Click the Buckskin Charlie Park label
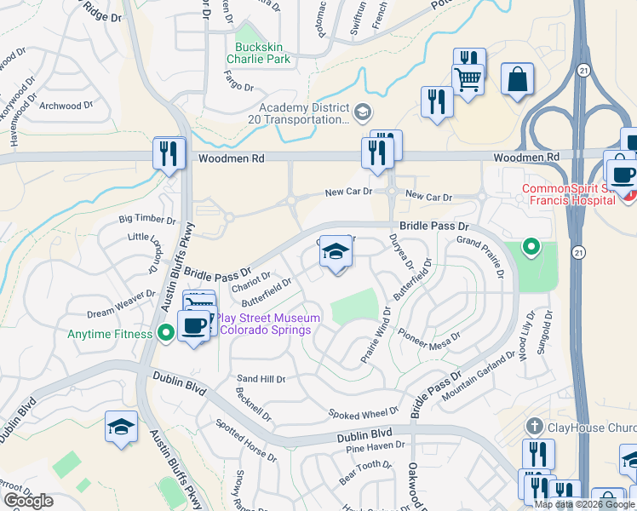point(258,53)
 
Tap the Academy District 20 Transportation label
point(304,113)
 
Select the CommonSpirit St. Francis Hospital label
point(568,194)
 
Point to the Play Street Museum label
point(267,324)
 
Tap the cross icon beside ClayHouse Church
point(534,425)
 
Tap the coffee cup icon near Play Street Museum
point(192,325)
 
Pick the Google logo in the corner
point(28,500)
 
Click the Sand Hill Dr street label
point(261,378)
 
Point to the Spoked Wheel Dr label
point(363,413)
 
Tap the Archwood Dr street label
point(66,106)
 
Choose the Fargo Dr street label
point(238,87)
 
